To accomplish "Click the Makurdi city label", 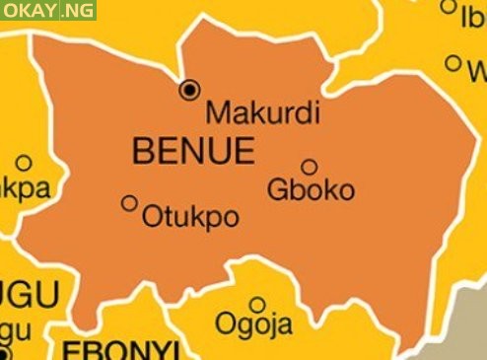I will tap(262, 112).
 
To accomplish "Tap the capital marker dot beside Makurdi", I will tap(189, 91).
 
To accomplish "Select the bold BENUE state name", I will tap(192, 151).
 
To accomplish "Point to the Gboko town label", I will tap(311, 189).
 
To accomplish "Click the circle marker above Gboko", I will tap(309, 167).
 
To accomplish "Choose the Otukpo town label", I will tap(190, 217).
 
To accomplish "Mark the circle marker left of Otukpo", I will tap(129, 203).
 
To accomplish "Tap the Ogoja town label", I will tap(253, 324).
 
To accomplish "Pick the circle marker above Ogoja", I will tap(256, 304).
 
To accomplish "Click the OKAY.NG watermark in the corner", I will tap(48, 11).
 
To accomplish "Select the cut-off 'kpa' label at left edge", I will tap(26, 187).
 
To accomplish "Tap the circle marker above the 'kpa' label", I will tap(23, 163).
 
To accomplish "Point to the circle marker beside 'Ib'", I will tap(449, 7).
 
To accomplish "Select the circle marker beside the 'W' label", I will tap(452, 63).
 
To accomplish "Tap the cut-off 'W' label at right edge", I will tap(476, 72).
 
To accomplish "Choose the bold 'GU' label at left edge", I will tap(31, 294).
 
